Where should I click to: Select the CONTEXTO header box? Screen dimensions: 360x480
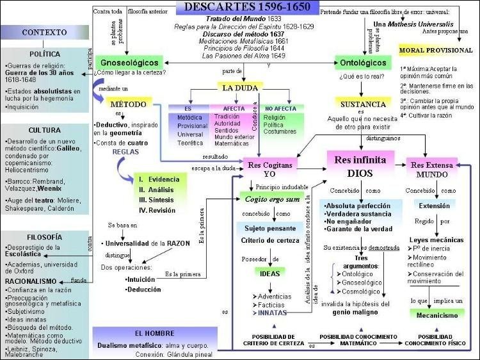[45, 32]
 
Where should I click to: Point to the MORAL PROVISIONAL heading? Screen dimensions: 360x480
[435, 50]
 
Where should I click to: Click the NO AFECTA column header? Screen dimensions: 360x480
[282, 110]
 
